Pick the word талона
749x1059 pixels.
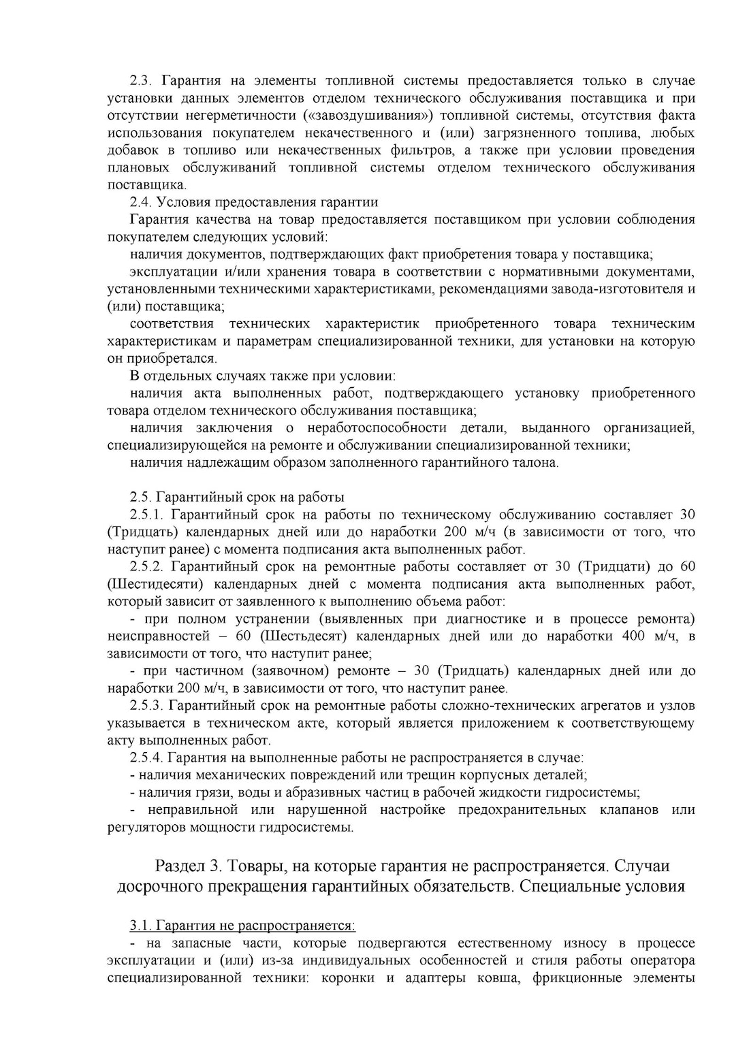point(535,463)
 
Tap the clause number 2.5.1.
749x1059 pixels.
point(146,515)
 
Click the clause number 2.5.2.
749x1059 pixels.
point(146,566)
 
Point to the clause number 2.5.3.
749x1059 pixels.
point(146,706)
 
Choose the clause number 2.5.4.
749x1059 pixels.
point(146,757)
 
